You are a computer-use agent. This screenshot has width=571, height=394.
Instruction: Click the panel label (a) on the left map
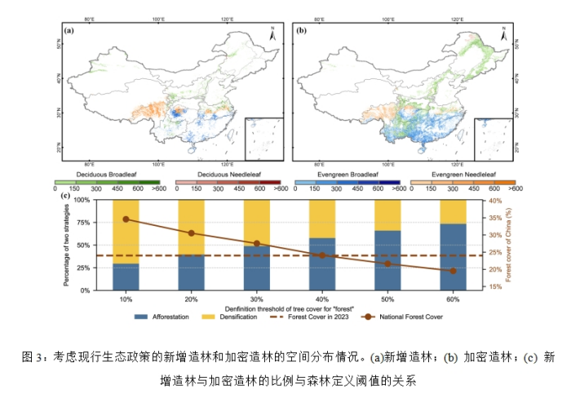(x=69, y=30)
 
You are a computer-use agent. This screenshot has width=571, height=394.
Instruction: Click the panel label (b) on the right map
(x=300, y=30)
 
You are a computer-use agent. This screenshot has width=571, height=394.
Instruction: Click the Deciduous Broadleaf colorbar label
(x=106, y=175)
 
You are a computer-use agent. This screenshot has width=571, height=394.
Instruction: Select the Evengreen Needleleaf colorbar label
(x=464, y=175)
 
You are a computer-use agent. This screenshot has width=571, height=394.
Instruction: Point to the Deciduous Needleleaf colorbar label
(x=226, y=175)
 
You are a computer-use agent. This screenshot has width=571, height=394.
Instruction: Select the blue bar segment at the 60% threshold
(x=453, y=256)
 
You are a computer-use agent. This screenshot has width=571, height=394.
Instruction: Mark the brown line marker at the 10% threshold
(x=126, y=219)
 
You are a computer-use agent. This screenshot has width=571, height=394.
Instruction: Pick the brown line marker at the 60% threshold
(x=453, y=271)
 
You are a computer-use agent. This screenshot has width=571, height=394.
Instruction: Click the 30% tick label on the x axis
(x=256, y=299)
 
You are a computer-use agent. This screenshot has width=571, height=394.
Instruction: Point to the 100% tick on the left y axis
(x=82, y=200)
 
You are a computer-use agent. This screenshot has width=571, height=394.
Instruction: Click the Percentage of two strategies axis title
(x=67, y=245)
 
